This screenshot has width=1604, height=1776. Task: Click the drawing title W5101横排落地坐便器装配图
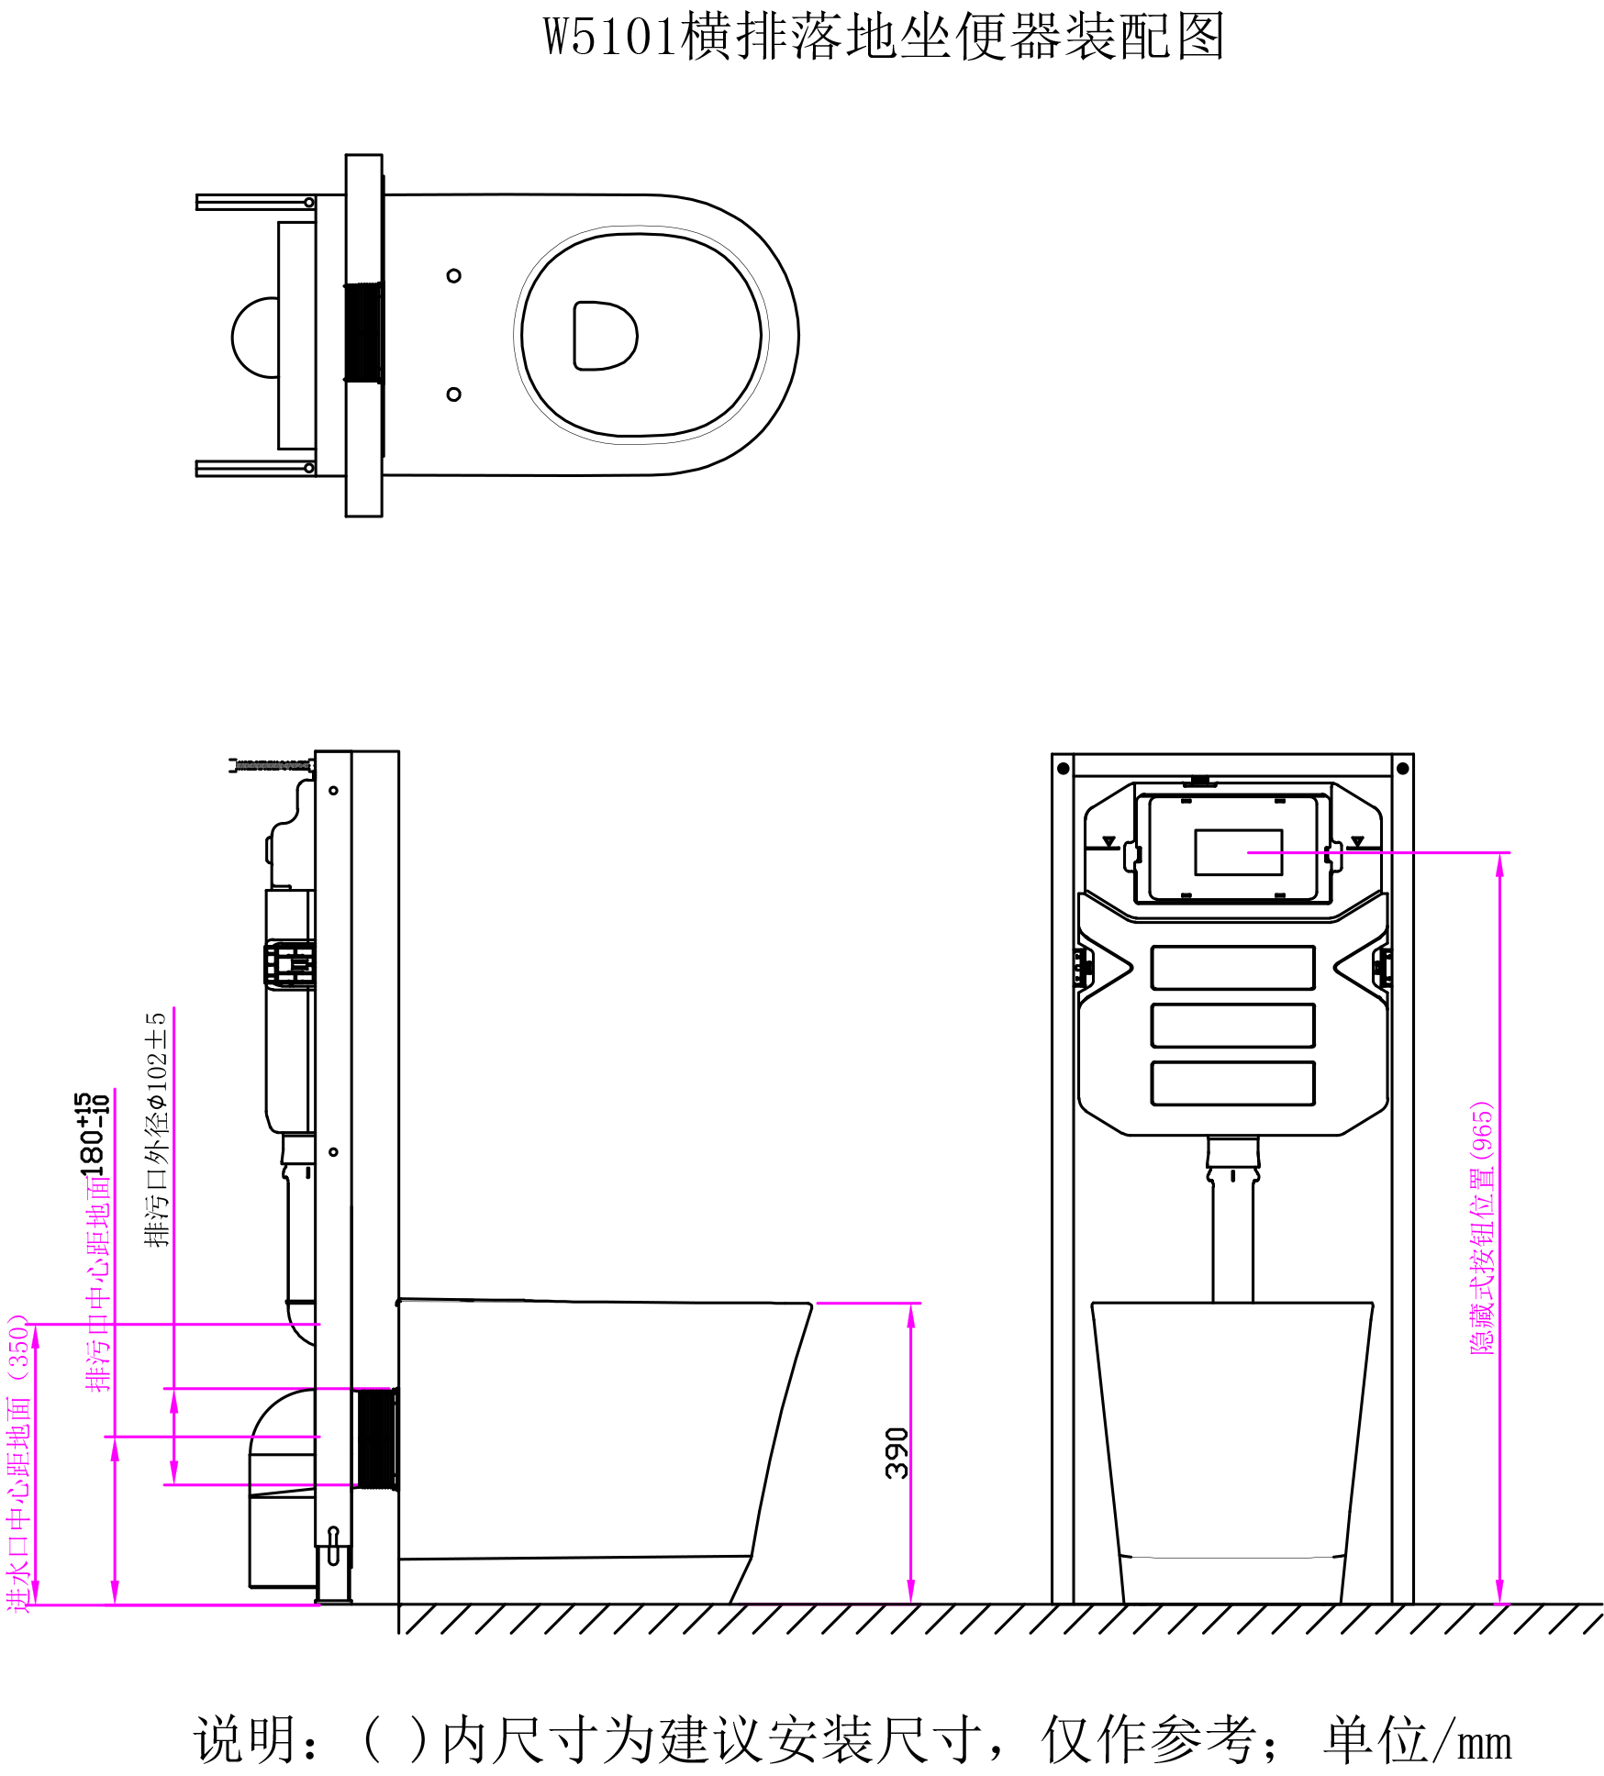[x=884, y=38]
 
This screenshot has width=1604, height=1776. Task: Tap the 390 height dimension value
[x=897, y=1453]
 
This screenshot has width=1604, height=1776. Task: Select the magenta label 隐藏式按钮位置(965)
[x=1482, y=1227]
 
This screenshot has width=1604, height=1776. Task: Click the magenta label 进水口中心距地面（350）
[x=19, y=1464]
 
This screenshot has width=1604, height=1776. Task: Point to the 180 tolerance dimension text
[x=93, y=1134]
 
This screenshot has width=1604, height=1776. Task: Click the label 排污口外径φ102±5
[x=157, y=1129]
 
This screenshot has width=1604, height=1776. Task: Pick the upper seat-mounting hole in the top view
[x=453, y=275]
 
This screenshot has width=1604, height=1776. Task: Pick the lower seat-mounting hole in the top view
[x=453, y=394]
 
